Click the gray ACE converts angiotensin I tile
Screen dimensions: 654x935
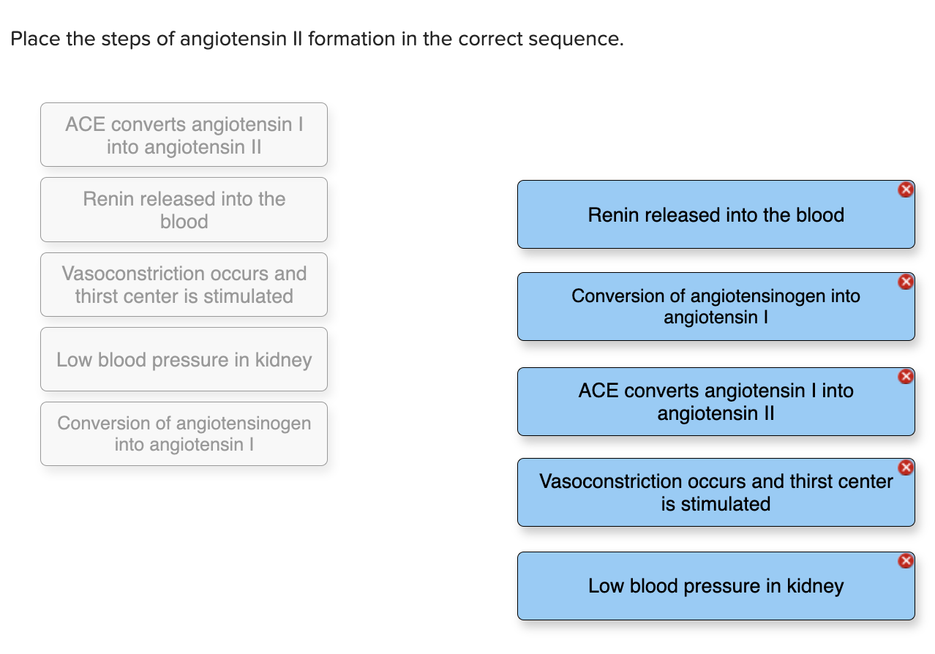click(x=184, y=135)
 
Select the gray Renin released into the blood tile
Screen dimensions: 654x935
click(x=184, y=210)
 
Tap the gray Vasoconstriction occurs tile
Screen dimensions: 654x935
click(x=184, y=285)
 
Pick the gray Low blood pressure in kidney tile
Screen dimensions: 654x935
click(x=184, y=360)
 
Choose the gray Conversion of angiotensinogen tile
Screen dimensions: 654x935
click(x=184, y=434)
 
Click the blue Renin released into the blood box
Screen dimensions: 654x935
click(x=716, y=215)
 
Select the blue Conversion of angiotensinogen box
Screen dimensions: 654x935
click(x=716, y=307)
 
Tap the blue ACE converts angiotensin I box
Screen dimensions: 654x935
click(x=716, y=402)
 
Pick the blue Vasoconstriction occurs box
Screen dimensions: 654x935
click(x=716, y=492)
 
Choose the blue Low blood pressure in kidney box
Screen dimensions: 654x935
click(x=716, y=586)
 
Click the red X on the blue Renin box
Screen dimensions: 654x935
click(x=906, y=189)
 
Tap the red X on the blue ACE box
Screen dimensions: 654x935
click(x=906, y=377)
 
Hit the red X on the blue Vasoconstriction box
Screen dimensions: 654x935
click(x=906, y=467)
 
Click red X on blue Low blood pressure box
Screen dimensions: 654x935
click(x=906, y=561)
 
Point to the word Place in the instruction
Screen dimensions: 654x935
click(x=36, y=39)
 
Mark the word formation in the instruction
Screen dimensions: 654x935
click(x=352, y=39)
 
